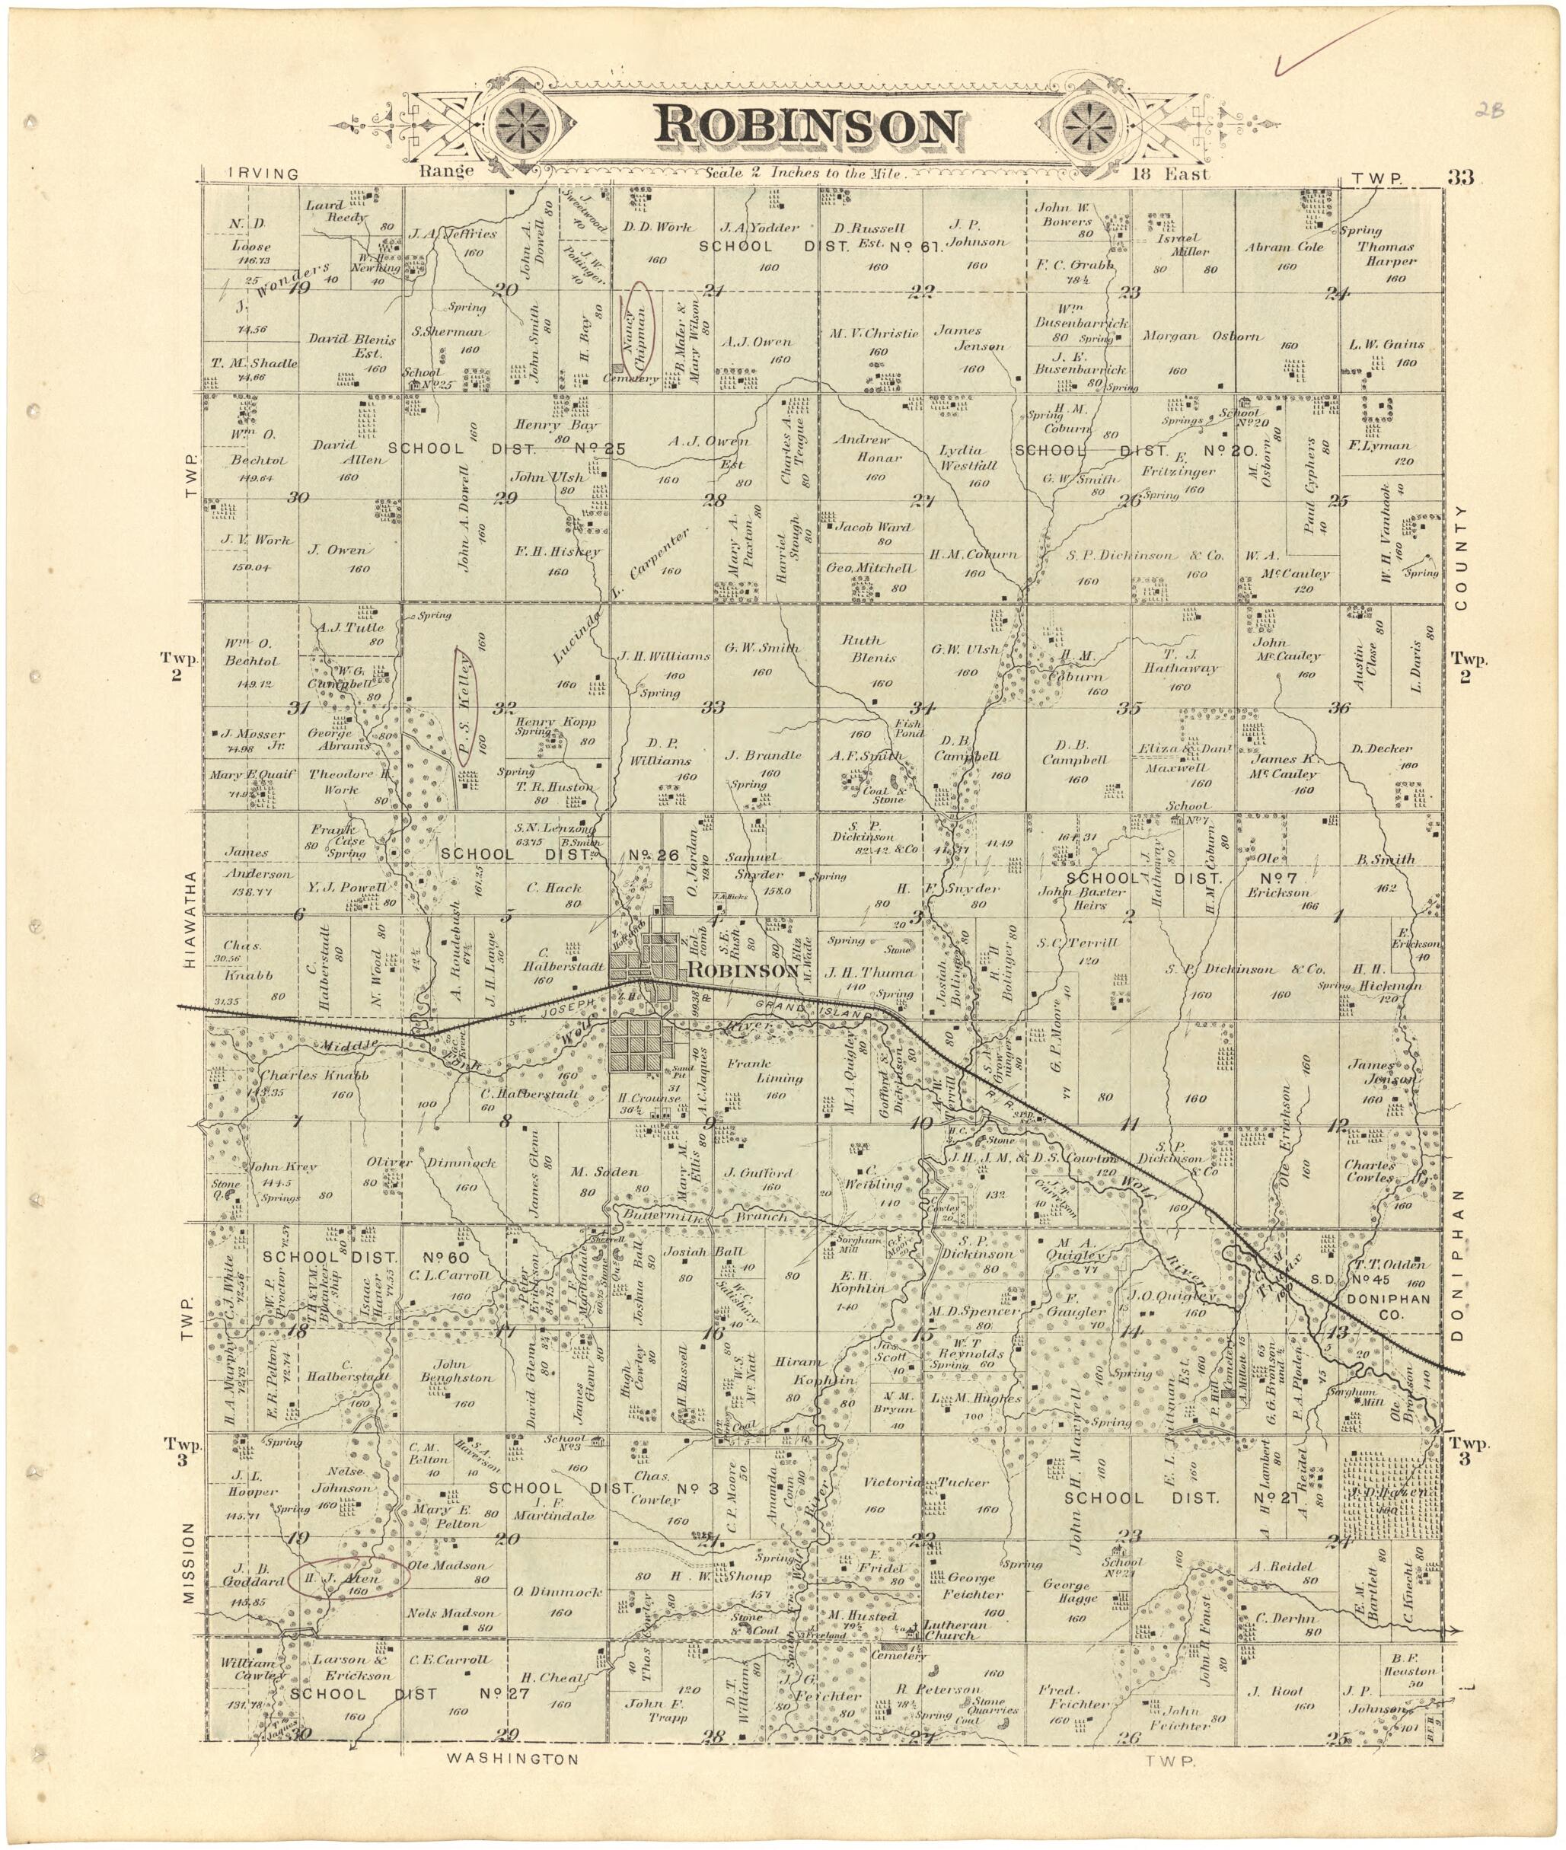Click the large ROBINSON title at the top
pos(808,127)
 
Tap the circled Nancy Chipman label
pos(637,326)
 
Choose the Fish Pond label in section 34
pos(908,728)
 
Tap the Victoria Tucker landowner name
pos(925,1482)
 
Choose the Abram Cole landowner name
pos(1283,247)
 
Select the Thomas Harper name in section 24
pos(1385,254)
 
